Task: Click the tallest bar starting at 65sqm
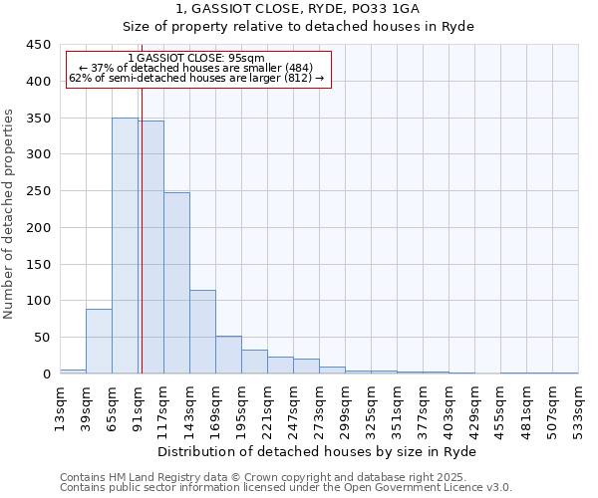(125, 246)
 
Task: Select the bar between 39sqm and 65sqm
(99, 342)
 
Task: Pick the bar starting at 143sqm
(202, 332)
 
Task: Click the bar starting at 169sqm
(228, 355)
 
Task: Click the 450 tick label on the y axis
(39, 45)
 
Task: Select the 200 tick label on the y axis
(39, 228)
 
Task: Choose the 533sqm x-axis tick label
(579, 408)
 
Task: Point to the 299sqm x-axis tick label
(346, 408)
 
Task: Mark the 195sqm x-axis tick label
(242, 408)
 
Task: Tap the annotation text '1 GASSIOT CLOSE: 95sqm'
(196, 59)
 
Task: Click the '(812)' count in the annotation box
(296, 78)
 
